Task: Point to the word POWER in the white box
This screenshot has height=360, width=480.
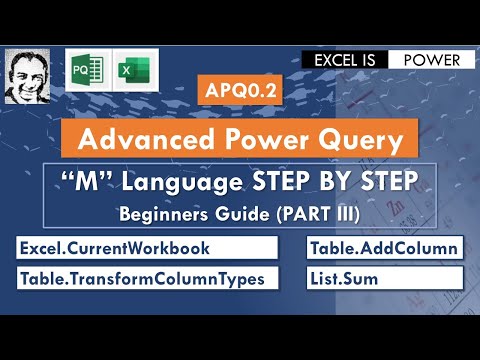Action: (x=432, y=60)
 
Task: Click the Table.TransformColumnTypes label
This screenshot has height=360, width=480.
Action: (x=142, y=278)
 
